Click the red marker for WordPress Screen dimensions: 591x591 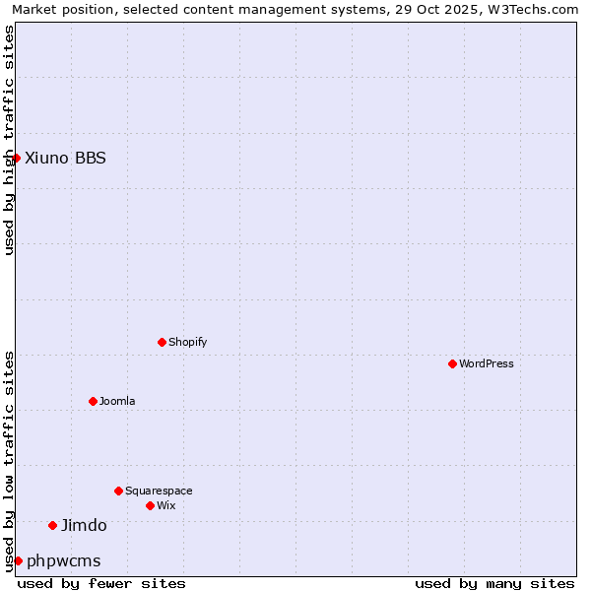click(x=452, y=363)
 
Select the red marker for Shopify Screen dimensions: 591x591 click(x=162, y=342)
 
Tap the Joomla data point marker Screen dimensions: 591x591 click(x=93, y=401)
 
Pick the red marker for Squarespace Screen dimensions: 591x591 click(x=118, y=491)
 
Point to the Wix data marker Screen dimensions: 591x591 click(x=150, y=505)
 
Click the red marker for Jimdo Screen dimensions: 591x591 click(x=52, y=525)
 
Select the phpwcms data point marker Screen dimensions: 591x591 click(x=18, y=560)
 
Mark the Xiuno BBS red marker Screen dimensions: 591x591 click(x=16, y=158)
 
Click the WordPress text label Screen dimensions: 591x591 click(x=487, y=363)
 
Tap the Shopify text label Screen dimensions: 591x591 click(x=188, y=342)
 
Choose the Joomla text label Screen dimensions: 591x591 click(x=117, y=401)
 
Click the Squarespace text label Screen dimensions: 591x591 click(x=159, y=491)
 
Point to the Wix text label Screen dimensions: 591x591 click(x=166, y=505)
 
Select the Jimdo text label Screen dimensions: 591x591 click(x=84, y=525)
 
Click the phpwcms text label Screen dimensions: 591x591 click(x=63, y=560)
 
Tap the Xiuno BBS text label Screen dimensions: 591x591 click(x=65, y=158)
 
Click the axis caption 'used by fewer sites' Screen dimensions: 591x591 click(x=101, y=583)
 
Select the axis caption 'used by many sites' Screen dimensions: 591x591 click(x=494, y=583)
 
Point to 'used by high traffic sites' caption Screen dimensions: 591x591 click(x=10, y=140)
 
